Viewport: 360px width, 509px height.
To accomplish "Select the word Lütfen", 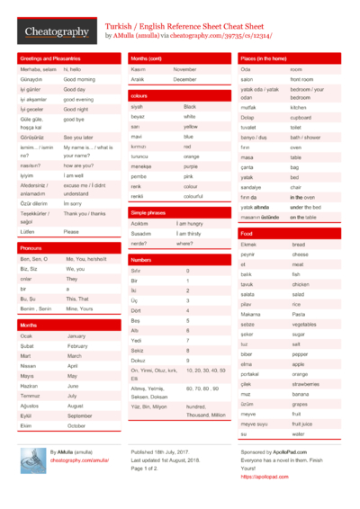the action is [x=28, y=232].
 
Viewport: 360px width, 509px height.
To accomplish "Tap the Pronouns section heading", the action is [x=31, y=247].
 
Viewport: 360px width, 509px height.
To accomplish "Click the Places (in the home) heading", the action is [x=263, y=58].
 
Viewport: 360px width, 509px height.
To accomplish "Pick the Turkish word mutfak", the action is [x=249, y=107].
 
